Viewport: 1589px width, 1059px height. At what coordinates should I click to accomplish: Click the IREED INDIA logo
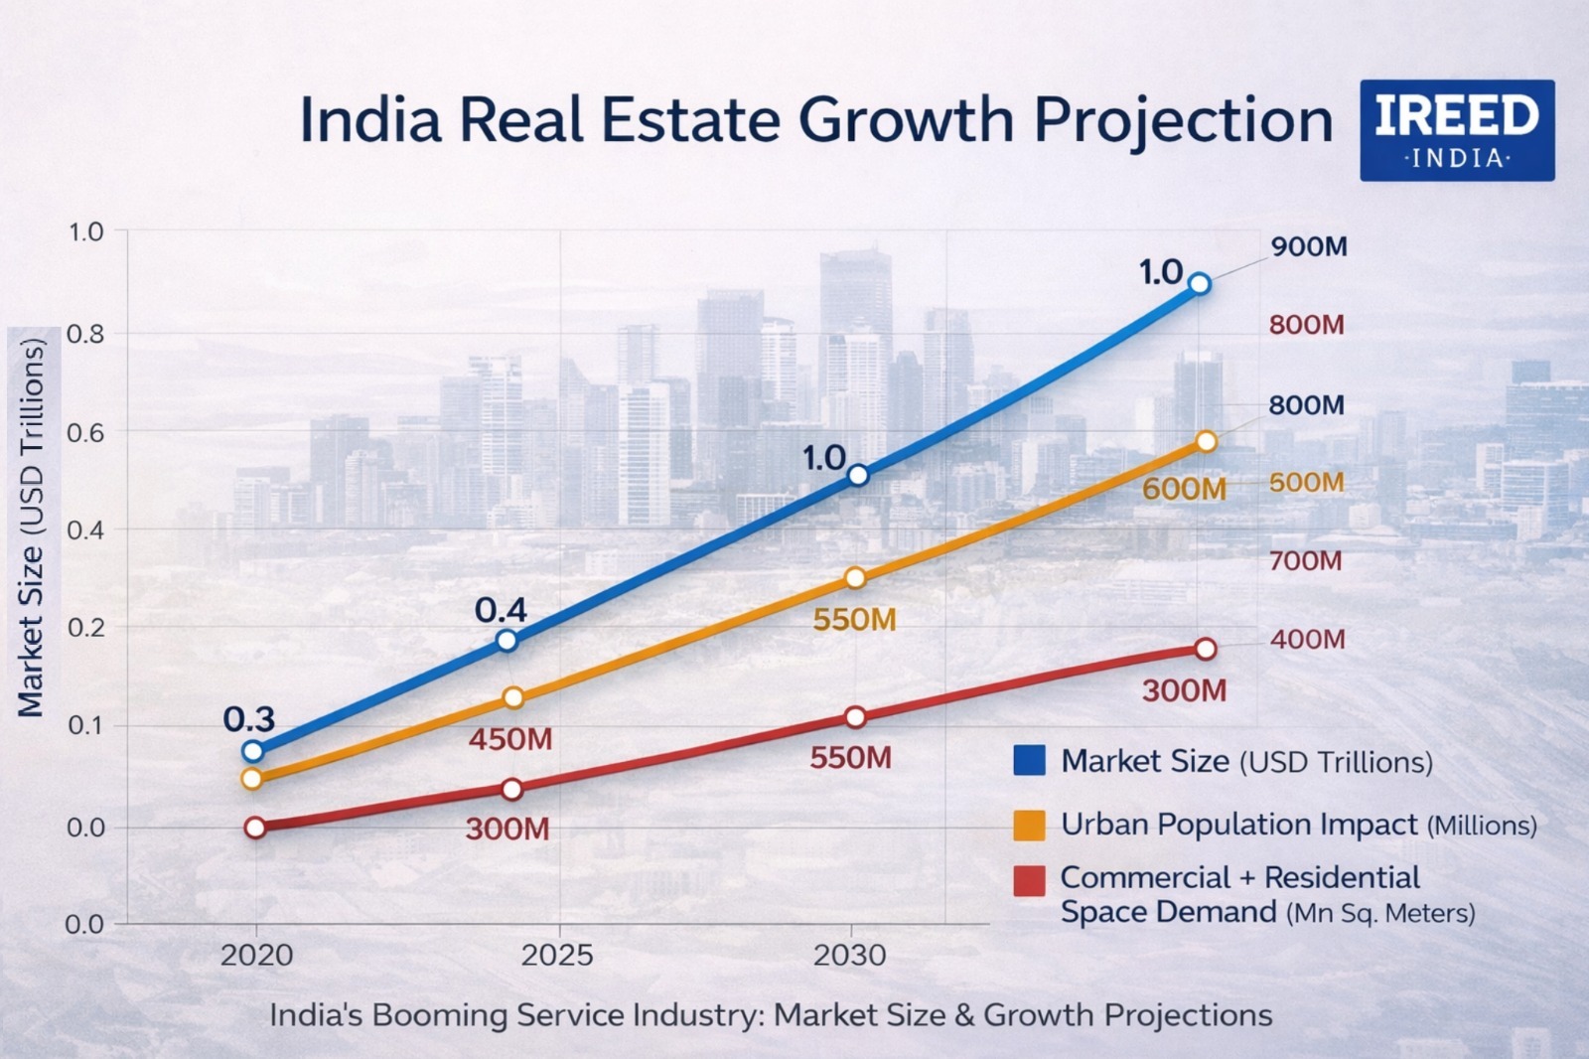(x=1456, y=130)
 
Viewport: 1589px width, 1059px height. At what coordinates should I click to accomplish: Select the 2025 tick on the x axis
(x=557, y=956)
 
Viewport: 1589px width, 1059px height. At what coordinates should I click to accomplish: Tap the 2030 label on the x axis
(x=849, y=956)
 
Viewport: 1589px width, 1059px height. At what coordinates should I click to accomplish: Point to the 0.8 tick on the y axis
(x=85, y=334)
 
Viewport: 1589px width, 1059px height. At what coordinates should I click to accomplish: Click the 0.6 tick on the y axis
(x=85, y=432)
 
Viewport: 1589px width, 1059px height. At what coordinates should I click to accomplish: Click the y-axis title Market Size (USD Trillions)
(x=32, y=528)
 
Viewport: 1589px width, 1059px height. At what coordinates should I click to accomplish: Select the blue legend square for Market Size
(x=1029, y=761)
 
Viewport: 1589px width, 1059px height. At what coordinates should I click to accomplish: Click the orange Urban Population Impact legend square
(x=1029, y=825)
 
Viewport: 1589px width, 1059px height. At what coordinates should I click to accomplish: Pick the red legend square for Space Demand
(x=1029, y=880)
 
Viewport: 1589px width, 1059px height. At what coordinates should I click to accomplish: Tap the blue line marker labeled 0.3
(x=253, y=751)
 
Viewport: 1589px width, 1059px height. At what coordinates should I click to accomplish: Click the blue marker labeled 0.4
(x=506, y=640)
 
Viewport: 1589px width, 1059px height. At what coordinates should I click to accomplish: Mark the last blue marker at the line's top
(x=1200, y=284)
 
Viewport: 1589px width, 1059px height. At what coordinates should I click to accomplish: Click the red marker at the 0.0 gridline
(x=255, y=828)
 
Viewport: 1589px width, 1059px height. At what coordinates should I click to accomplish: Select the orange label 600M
(x=1184, y=489)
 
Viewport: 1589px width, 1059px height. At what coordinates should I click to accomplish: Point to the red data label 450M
(x=509, y=739)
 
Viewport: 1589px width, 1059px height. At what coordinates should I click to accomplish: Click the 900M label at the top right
(x=1309, y=246)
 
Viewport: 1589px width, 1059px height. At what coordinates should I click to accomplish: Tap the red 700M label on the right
(x=1305, y=561)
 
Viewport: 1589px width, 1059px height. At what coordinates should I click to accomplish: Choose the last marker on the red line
(x=1206, y=649)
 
